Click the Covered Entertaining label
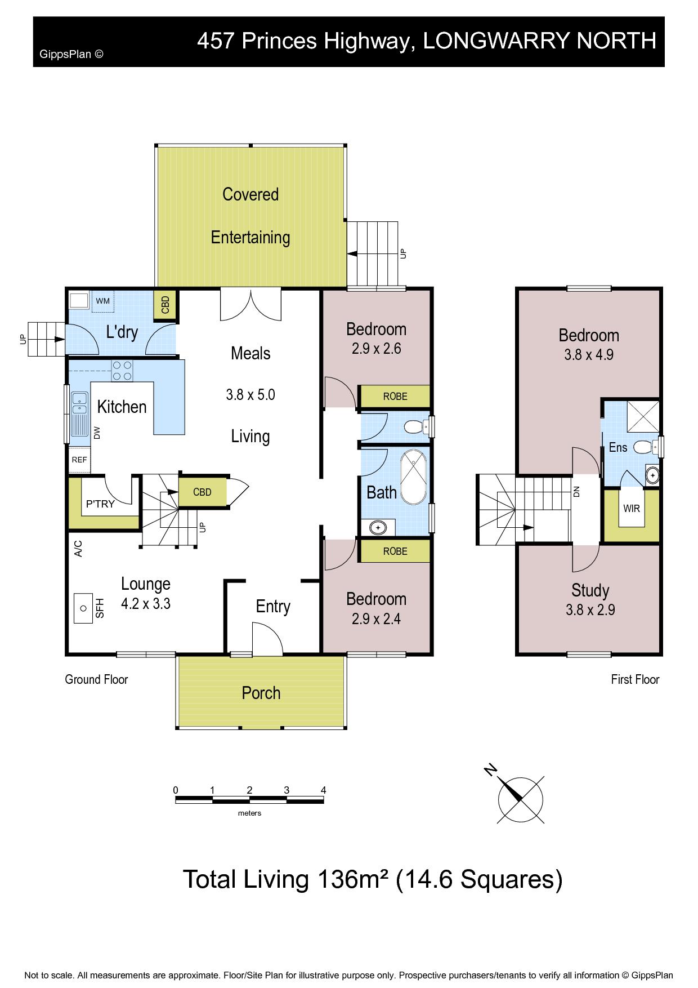click(250, 216)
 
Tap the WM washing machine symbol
click(102, 301)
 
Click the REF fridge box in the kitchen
click(79, 460)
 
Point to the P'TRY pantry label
click(100, 504)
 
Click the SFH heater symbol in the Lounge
click(83, 608)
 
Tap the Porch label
click(261, 693)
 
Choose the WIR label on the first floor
click(632, 509)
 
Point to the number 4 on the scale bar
click(324, 790)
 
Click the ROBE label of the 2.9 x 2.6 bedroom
click(395, 397)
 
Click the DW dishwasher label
click(97, 433)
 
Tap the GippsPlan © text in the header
click(71, 55)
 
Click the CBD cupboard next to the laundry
click(165, 305)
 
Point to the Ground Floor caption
click(96, 679)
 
